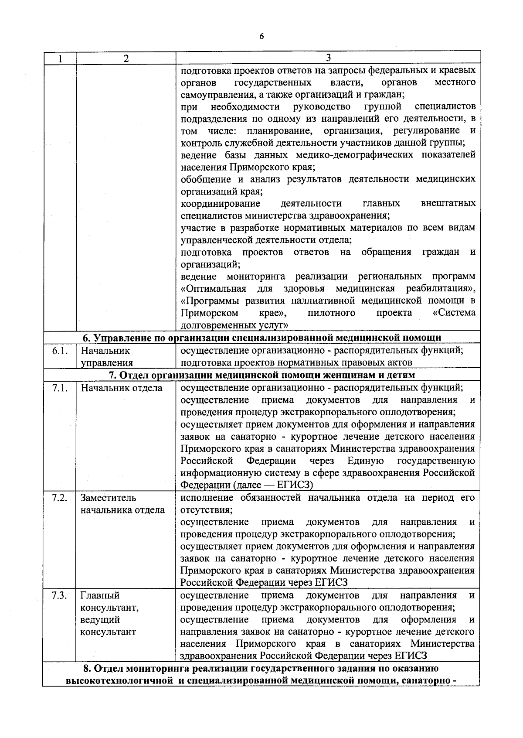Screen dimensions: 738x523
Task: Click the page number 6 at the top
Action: [x=261, y=36]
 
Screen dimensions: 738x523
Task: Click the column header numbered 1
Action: [x=60, y=58]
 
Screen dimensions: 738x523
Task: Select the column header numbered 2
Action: [x=126, y=58]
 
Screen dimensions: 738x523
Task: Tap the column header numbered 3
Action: [x=328, y=58]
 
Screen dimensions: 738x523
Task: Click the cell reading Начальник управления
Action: [x=106, y=356]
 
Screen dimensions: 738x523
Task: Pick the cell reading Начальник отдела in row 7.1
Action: [x=121, y=388]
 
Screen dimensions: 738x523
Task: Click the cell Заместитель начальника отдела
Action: [x=122, y=504]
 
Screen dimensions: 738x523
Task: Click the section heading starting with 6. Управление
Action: [x=261, y=338]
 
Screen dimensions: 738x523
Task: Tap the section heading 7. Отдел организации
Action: [x=261, y=375]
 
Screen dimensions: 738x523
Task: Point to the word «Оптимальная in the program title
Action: [x=214, y=289]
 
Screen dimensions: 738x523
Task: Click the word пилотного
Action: [x=331, y=313]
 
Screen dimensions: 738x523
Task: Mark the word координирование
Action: [x=221, y=204]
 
